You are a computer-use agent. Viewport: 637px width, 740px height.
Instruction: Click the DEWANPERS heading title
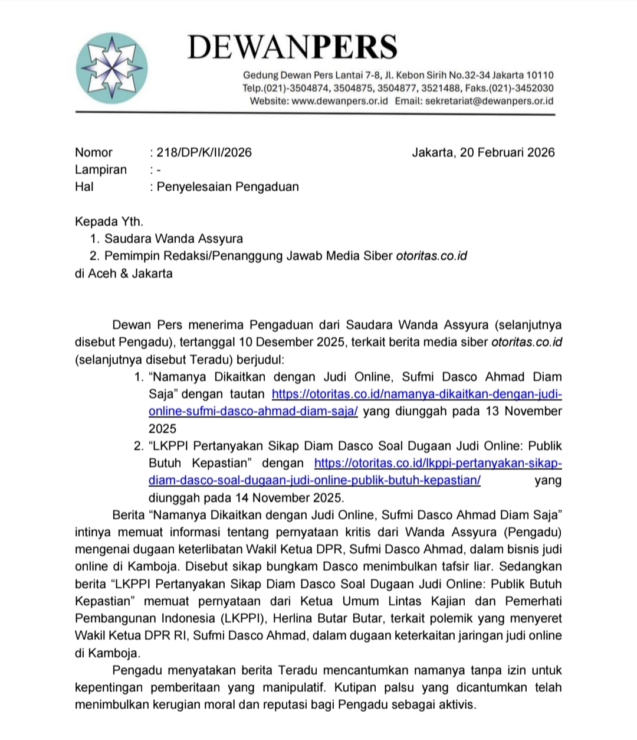click(292, 47)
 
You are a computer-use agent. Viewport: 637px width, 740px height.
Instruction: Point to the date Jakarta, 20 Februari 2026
click(483, 152)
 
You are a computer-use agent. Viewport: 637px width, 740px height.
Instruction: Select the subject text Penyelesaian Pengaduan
click(228, 187)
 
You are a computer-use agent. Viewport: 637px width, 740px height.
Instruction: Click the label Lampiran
click(101, 169)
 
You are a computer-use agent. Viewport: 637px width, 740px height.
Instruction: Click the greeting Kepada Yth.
click(109, 221)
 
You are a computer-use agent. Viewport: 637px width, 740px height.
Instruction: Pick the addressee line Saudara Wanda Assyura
click(173, 239)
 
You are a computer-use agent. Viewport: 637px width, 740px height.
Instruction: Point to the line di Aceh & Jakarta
click(124, 273)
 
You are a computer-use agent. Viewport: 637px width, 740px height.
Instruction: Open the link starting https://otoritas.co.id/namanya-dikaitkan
click(416, 394)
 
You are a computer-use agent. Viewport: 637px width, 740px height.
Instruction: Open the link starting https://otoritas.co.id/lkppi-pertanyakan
click(438, 463)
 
